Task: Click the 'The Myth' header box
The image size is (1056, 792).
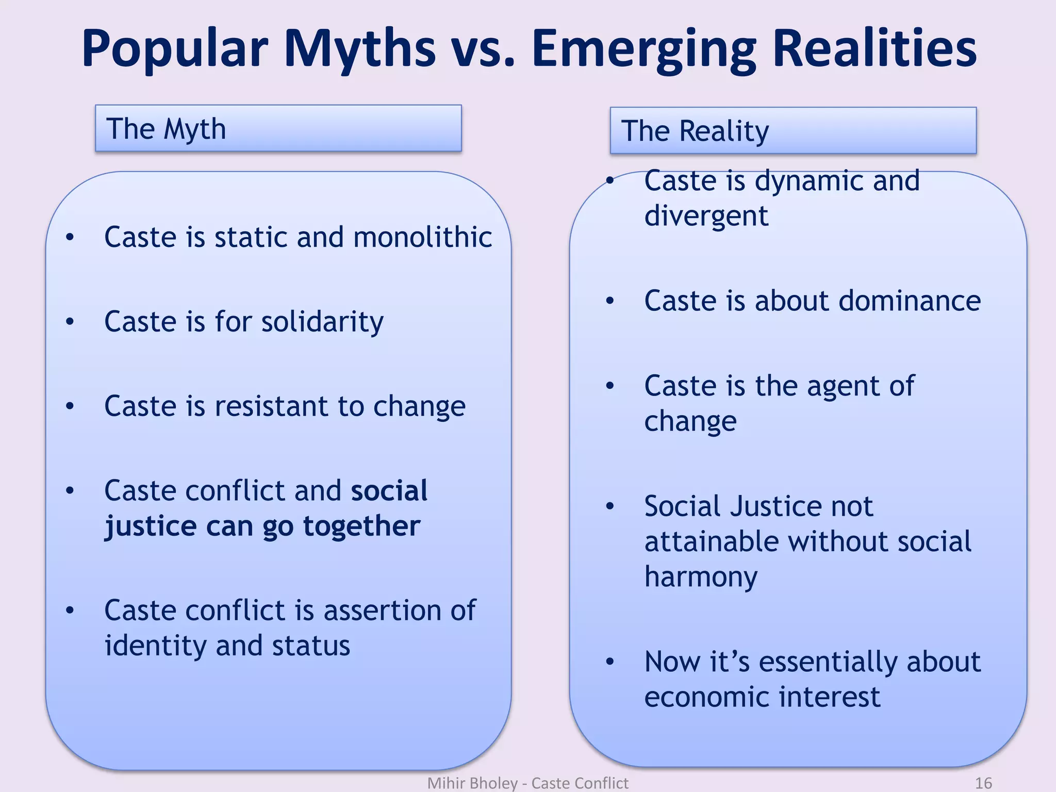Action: pyautogui.click(x=278, y=128)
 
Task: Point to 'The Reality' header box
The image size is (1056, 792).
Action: pyautogui.click(x=793, y=130)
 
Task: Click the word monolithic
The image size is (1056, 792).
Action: pyautogui.click(x=423, y=237)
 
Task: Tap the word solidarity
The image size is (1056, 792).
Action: pyautogui.click(x=322, y=322)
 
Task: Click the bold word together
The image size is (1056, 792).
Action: pyautogui.click(x=361, y=526)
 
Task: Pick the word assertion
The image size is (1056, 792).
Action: pyautogui.click(x=382, y=610)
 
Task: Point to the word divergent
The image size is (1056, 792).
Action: pyautogui.click(x=706, y=216)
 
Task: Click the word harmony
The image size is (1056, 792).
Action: pyautogui.click(x=701, y=577)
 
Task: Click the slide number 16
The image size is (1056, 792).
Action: pyautogui.click(x=983, y=783)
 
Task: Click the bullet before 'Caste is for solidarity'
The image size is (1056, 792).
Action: pyautogui.click(x=70, y=322)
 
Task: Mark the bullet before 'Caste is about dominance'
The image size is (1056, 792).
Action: pyautogui.click(x=610, y=301)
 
